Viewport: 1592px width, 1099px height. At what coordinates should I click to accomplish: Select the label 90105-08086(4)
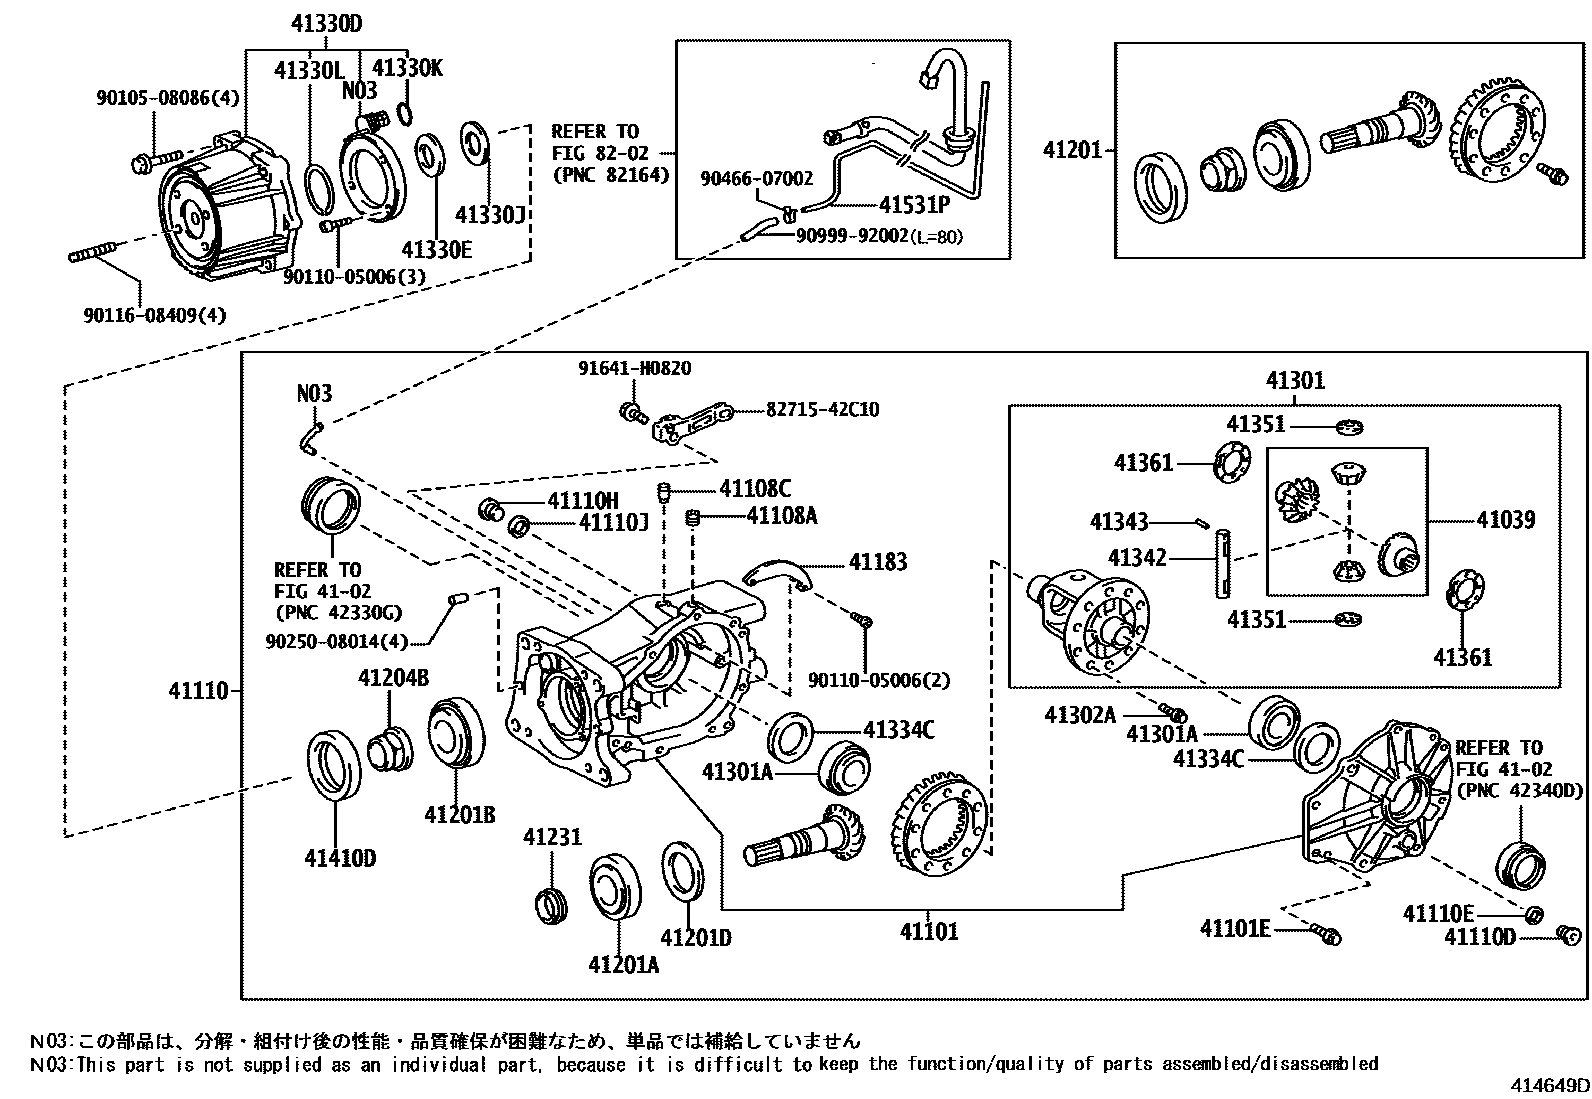coord(168,98)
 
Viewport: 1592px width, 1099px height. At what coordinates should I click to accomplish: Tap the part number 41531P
coord(914,205)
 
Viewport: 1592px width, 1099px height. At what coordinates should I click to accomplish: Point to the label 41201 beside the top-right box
coord(1073,150)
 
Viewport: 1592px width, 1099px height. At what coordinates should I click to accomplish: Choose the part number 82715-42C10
coord(823,409)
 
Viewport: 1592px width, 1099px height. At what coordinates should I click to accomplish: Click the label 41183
coord(878,562)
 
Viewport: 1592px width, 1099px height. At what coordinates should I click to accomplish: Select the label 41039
coord(1505,519)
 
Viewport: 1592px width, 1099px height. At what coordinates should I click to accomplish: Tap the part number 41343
coord(1119,522)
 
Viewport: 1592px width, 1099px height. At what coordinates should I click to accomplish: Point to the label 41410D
coord(340,858)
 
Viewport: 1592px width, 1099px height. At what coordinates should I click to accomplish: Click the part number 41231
coord(551,837)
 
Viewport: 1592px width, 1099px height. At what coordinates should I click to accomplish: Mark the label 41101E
coord(1235,929)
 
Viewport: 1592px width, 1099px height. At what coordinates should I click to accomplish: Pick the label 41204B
coord(393,679)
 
